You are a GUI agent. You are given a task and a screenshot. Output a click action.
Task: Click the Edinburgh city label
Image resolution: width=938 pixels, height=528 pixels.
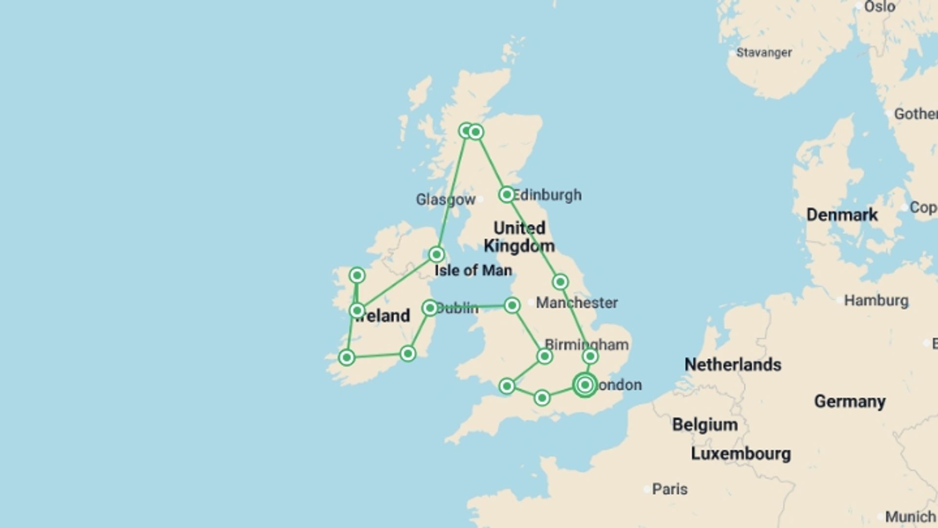[547, 195]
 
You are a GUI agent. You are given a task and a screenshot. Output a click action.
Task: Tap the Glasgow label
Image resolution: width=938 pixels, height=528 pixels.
[445, 199]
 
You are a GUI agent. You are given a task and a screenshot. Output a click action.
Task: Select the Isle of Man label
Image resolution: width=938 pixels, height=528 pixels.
[473, 270]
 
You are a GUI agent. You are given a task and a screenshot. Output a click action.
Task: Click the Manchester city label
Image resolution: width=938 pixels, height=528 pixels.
[576, 303]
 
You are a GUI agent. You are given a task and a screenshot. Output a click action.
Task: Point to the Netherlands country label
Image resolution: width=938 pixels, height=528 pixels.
[732, 364]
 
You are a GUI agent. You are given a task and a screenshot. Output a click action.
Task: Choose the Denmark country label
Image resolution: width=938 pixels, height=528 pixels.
[841, 215]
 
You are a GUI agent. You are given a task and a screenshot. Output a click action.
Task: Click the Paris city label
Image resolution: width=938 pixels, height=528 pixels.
[669, 489]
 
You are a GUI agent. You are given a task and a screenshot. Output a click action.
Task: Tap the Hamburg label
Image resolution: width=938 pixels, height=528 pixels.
[876, 300]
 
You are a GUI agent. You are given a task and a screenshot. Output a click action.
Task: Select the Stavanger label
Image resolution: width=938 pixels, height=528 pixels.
[764, 52]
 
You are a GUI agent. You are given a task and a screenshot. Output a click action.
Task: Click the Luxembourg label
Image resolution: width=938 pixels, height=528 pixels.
[740, 454]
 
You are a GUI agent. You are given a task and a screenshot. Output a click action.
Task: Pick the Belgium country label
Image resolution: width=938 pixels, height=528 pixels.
[704, 424]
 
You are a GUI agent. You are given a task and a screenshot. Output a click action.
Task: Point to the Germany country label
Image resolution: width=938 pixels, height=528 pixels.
[849, 401]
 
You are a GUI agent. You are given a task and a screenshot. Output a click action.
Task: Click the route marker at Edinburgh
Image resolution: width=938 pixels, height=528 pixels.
[507, 195]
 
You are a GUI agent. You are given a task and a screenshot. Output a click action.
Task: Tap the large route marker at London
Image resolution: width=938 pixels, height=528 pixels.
[585, 385]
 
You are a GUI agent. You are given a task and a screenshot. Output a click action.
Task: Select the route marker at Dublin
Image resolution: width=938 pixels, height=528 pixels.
[429, 308]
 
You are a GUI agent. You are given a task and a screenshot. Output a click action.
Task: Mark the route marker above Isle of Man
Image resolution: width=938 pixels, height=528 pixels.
[436, 254]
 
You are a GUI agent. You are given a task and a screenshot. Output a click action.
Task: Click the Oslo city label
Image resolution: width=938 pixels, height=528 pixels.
[879, 7]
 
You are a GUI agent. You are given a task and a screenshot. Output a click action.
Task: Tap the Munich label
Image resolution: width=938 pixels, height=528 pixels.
[910, 516]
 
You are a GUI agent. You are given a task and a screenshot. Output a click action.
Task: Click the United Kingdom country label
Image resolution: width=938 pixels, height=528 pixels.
[519, 237]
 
